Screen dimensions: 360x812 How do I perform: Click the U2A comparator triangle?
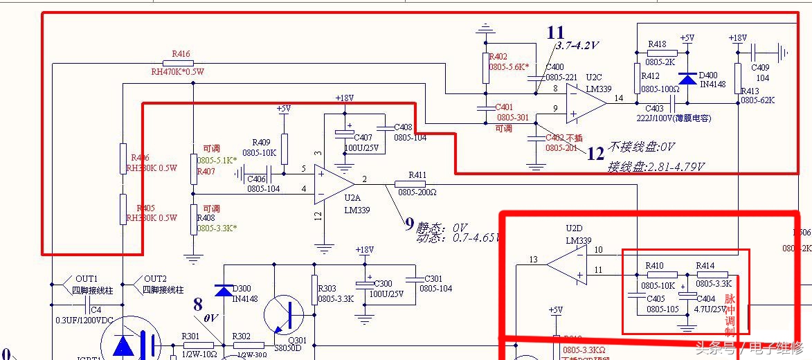[332, 184]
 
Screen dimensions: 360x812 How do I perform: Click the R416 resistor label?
[181, 53]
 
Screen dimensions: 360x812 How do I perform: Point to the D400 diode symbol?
[687, 78]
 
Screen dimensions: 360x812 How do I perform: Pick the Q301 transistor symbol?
[285, 314]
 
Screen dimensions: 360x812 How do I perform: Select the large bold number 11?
[555, 33]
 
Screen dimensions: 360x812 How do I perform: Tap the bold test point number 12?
[595, 153]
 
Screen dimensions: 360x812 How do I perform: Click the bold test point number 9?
[409, 224]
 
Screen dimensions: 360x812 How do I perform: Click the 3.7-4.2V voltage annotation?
[577, 46]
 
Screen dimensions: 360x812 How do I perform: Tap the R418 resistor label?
[657, 44]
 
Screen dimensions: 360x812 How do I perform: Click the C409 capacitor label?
[761, 68]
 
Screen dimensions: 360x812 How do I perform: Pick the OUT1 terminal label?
[87, 278]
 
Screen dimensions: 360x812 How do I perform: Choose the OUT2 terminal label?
[155, 278]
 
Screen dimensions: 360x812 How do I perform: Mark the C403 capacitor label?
[654, 109]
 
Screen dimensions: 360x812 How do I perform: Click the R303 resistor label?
[327, 289]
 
